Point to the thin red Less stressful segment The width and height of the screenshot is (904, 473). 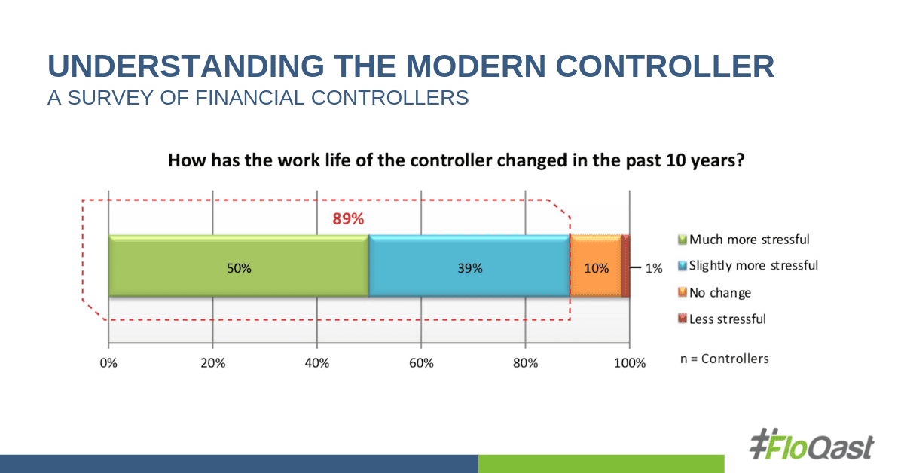[x=625, y=266]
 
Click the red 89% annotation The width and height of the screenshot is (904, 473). [x=348, y=220]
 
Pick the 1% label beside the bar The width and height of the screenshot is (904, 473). [x=652, y=267]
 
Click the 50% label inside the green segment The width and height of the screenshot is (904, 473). [x=239, y=267]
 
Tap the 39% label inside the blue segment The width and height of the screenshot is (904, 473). [x=469, y=267]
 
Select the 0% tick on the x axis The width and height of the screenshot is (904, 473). [x=109, y=363]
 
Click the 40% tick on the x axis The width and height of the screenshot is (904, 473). [x=317, y=363]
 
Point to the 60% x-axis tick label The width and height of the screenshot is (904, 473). [x=421, y=363]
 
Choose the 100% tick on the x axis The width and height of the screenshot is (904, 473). [x=630, y=363]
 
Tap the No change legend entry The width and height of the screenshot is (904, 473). [x=719, y=292]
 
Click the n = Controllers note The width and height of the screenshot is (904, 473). [x=724, y=359]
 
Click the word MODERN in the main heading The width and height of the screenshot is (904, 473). [x=481, y=66]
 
